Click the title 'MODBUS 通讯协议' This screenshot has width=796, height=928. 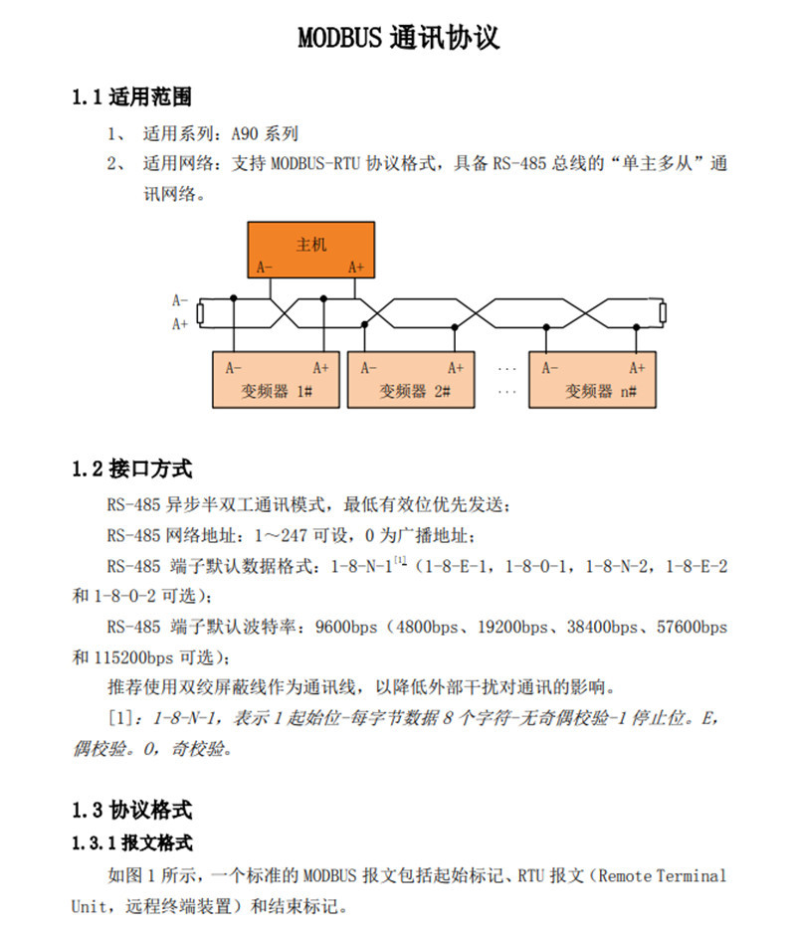398,39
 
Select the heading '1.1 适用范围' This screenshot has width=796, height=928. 131,96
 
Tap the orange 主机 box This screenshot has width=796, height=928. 310,250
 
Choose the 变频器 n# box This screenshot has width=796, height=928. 592,380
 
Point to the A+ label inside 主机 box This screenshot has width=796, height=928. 356,267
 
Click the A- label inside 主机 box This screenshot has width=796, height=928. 264,267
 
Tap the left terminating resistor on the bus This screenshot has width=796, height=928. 200,312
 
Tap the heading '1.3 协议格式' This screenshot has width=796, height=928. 131,809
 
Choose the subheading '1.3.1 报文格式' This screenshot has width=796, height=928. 131,843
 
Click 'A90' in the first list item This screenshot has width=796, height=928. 249,132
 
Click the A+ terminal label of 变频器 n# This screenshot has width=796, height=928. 636,367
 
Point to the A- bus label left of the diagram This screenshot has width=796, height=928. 180,299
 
